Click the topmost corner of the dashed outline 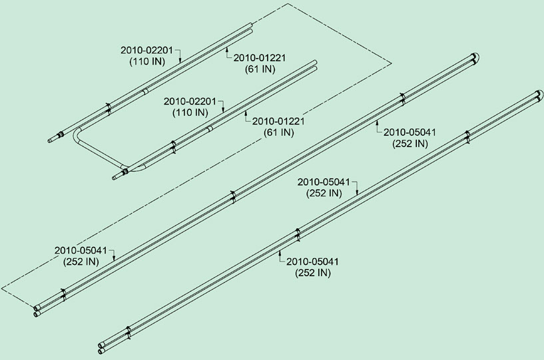pos(288,3)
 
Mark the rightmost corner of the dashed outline pos(392,64)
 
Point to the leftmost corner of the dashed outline pos(2,288)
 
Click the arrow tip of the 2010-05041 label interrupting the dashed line pos(114,260)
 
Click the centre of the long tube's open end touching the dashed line pos(36,308)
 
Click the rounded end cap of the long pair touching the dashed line pos(475,57)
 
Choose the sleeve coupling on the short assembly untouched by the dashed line pos(209,129)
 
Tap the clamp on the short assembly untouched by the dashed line pos(174,147)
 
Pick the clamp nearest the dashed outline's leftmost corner pos(63,295)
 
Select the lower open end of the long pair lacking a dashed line pos(101,351)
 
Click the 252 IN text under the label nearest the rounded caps pos(410,143)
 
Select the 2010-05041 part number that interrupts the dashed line pos(81,250)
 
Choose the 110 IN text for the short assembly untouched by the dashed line pos(190,112)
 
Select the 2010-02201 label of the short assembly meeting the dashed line pos(146,50)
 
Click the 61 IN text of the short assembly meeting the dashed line pos(260,69)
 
